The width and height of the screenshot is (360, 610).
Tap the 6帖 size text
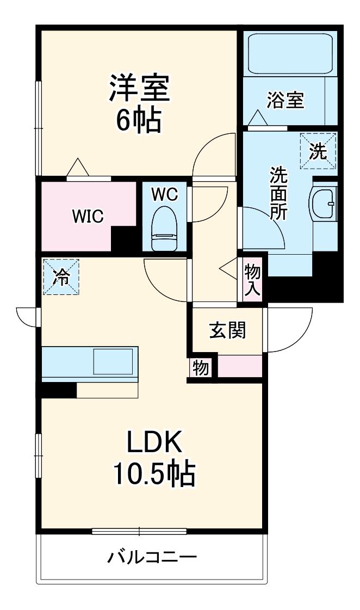click(139, 121)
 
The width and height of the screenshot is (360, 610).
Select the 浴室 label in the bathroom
click(285, 100)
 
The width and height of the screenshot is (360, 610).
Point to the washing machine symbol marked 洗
click(318, 151)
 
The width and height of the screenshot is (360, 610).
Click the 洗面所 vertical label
click(279, 193)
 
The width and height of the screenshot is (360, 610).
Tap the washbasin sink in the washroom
click(325, 202)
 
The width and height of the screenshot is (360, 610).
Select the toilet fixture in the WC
click(164, 228)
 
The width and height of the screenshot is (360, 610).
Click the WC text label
click(164, 195)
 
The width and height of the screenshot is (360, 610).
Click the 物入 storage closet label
click(252, 279)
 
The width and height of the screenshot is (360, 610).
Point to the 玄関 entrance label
click(228, 330)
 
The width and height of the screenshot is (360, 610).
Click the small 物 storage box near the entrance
click(201, 368)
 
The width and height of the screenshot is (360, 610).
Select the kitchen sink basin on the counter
click(113, 361)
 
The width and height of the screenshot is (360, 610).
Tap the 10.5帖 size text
click(153, 474)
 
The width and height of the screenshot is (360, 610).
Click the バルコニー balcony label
click(152, 557)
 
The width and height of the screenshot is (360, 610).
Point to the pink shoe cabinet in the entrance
click(240, 366)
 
